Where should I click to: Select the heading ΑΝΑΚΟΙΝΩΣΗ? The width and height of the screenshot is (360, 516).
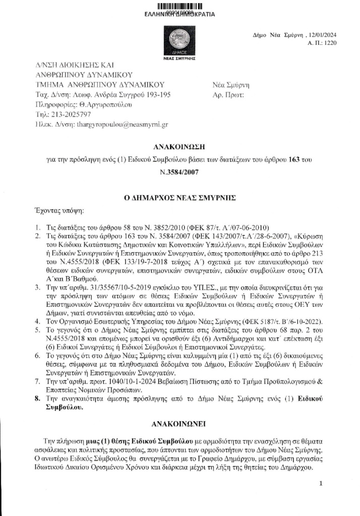180,147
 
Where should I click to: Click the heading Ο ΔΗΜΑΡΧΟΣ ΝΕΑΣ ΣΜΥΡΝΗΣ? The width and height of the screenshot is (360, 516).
180,198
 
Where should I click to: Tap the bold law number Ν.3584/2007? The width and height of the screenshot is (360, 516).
180,172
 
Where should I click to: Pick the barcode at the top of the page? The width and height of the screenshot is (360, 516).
179,6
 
